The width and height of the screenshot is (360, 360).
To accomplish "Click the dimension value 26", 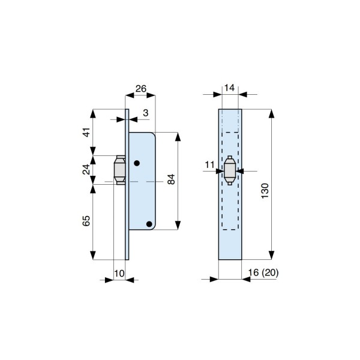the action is (x=141, y=89).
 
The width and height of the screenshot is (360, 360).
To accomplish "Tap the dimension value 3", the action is (x=146, y=113).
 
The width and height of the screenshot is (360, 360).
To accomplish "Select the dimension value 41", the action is (x=86, y=132).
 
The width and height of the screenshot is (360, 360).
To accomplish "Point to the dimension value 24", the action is (x=86, y=169).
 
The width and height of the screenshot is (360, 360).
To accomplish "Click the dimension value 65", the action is (x=86, y=221).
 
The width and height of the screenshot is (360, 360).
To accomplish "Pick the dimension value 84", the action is (x=171, y=179).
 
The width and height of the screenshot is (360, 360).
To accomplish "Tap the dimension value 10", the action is (x=119, y=274).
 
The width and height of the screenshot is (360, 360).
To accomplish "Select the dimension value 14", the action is (x=229, y=88).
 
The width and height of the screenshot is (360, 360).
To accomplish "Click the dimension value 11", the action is (x=209, y=164).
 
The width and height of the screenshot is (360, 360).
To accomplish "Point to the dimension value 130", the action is (x=265, y=191).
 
